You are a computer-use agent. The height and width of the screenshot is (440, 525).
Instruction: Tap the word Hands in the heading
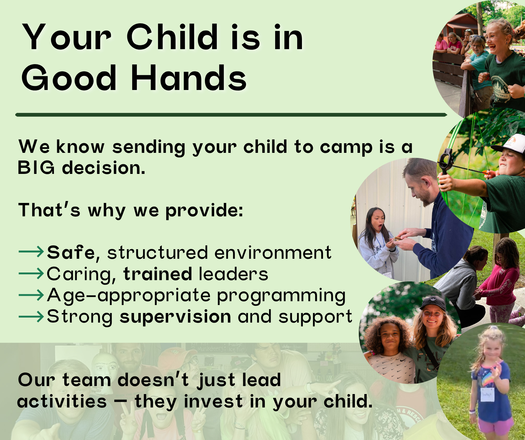coord(189,77)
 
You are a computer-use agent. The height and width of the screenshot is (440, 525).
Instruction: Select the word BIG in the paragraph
coord(36,168)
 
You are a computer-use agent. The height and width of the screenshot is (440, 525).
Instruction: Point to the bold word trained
coord(158,274)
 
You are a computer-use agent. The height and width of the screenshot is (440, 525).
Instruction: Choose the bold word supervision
coord(176,317)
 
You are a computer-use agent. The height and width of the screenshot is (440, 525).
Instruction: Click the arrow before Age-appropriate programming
coord(31,295)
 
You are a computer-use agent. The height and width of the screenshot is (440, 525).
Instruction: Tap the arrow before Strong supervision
coord(31,316)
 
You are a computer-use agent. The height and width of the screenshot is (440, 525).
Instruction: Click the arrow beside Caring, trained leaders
coord(31,273)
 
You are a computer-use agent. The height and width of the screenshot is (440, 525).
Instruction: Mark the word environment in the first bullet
coord(273,253)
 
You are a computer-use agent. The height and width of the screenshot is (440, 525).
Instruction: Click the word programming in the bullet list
coord(281,296)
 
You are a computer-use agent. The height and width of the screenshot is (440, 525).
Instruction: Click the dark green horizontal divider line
coord(231,115)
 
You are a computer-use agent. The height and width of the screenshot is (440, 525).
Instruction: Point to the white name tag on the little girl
coord(487,394)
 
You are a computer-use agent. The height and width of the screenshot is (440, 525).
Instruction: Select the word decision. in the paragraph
coord(104,168)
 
